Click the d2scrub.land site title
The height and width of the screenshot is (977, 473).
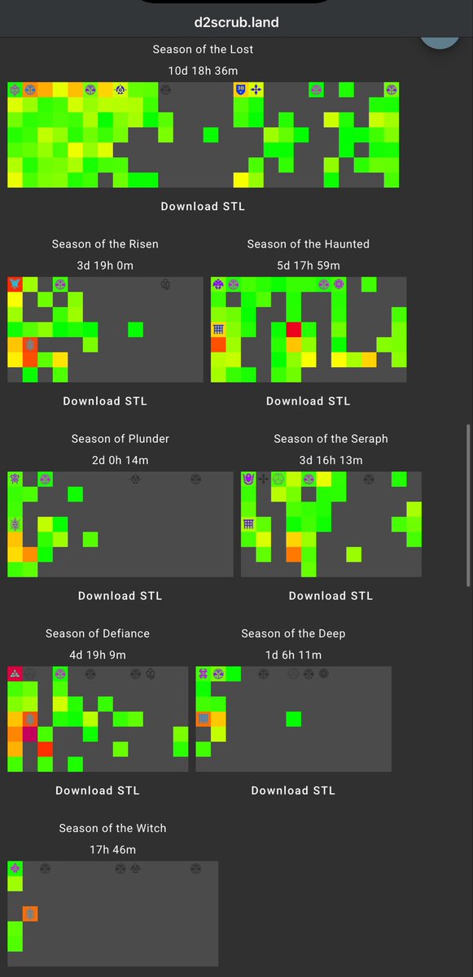click(236, 22)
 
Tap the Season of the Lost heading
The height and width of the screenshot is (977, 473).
click(203, 50)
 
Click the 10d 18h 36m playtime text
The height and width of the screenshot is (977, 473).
click(203, 71)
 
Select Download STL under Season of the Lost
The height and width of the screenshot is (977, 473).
click(203, 206)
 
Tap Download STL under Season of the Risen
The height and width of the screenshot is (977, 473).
click(105, 401)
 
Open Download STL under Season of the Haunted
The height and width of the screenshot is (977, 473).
click(309, 401)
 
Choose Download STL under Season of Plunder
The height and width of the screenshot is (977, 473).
click(120, 596)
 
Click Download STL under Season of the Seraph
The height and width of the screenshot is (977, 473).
click(331, 596)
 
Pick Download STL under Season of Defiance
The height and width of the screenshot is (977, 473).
click(98, 791)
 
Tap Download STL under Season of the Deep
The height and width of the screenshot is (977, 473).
click(293, 791)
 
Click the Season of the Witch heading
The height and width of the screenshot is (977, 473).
click(112, 828)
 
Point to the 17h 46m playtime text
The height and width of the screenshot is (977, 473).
click(112, 850)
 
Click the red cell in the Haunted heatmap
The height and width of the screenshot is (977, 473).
click(293, 330)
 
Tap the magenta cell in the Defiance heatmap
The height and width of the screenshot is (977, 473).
click(30, 734)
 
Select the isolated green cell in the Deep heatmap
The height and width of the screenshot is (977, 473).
click(293, 719)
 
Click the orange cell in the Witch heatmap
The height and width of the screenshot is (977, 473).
click(30, 913)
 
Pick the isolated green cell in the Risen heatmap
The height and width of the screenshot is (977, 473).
click(136, 330)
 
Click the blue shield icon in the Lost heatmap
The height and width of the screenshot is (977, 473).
click(241, 90)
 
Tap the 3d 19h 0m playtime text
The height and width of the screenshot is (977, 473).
click(105, 265)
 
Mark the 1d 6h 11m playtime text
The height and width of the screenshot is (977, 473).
click(293, 655)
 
